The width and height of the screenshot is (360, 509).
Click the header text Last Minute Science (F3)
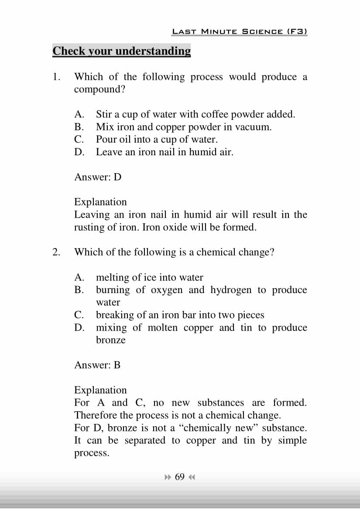[240, 31]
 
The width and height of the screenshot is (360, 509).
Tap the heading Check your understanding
[122, 51]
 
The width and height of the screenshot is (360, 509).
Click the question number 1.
[56, 77]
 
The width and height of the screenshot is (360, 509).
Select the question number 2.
[56, 252]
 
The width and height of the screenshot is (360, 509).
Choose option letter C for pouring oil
[79, 140]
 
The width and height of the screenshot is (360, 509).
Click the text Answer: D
[98, 177]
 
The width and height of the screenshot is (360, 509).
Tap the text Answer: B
[97, 365]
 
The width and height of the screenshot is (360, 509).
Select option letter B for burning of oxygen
[79, 290]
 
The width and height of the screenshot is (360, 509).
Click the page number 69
[180, 477]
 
